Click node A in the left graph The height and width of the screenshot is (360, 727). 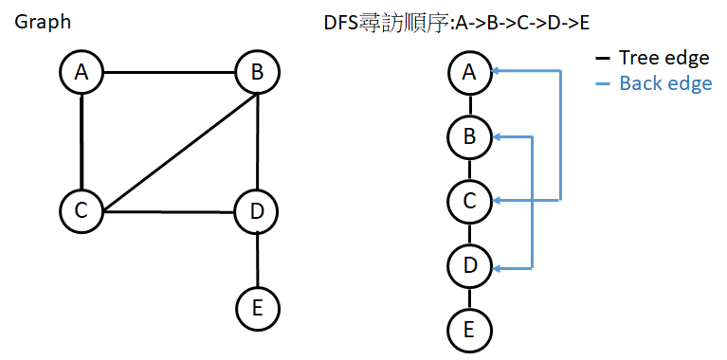82,72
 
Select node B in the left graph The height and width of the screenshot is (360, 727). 258,72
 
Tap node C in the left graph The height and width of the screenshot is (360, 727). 82,210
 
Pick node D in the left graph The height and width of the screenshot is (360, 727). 258,210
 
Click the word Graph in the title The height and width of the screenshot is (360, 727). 43,21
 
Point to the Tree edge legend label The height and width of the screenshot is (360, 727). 663,59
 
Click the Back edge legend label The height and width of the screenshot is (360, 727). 665,83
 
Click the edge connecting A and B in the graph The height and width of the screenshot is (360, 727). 170,73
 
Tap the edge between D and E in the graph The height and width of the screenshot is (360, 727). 258,258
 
